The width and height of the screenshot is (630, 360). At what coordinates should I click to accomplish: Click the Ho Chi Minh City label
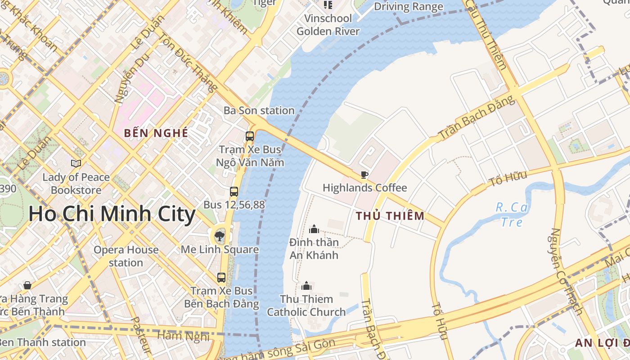click(112, 214)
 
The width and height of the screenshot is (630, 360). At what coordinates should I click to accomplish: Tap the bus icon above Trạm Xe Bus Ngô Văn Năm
click(249, 136)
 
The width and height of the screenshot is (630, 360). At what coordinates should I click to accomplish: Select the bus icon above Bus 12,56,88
click(234, 192)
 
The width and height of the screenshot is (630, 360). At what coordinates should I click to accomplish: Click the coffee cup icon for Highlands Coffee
click(364, 175)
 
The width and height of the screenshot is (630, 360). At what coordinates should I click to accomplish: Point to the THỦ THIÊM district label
click(390, 216)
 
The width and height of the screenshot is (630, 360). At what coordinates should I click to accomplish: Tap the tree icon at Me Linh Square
click(220, 236)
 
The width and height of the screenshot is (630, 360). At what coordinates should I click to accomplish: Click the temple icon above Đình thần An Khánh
click(314, 229)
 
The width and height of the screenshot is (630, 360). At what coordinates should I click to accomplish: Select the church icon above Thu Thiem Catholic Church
click(306, 286)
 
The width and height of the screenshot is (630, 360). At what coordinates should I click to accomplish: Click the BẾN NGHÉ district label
click(156, 133)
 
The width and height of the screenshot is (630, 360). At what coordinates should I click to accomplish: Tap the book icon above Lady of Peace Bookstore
click(76, 163)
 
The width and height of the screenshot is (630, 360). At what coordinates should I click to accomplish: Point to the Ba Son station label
click(259, 110)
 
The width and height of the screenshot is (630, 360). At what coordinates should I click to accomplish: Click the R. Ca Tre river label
click(512, 215)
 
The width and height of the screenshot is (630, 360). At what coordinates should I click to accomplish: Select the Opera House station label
click(126, 256)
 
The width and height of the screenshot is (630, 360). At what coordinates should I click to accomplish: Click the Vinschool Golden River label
click(328, 25)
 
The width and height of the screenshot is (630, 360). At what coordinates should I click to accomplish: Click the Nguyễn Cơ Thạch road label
click(566, 270)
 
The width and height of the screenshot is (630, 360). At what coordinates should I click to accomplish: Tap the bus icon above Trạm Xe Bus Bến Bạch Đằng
click(221, 278)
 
